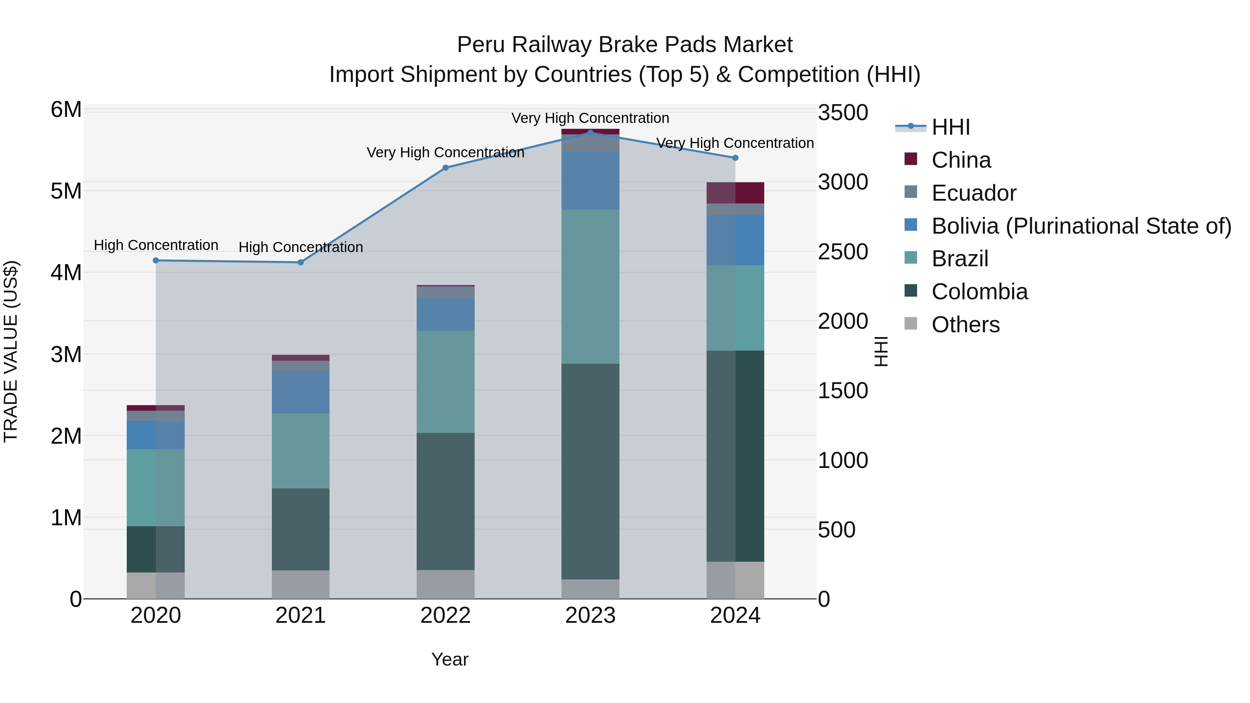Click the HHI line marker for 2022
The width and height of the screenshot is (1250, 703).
445,168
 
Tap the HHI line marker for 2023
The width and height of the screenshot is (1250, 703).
590,133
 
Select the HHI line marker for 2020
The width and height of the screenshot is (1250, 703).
156,260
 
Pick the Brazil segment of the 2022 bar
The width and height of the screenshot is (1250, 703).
445,382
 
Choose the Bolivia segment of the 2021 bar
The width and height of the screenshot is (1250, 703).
300,392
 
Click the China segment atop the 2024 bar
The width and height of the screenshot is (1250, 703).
735,193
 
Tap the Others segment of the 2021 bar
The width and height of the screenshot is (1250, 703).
300,584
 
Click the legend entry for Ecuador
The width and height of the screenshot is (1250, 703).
973,193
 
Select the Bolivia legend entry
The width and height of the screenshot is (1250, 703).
1081,226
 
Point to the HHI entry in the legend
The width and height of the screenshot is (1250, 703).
950,127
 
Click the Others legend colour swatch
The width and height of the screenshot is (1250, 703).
911,324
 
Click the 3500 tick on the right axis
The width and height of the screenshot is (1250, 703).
843,112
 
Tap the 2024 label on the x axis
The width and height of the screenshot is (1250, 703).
735,616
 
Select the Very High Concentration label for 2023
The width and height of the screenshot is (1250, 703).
590,118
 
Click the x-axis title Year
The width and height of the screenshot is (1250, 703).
450,659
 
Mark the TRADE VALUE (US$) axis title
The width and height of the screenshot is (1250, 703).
11,351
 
